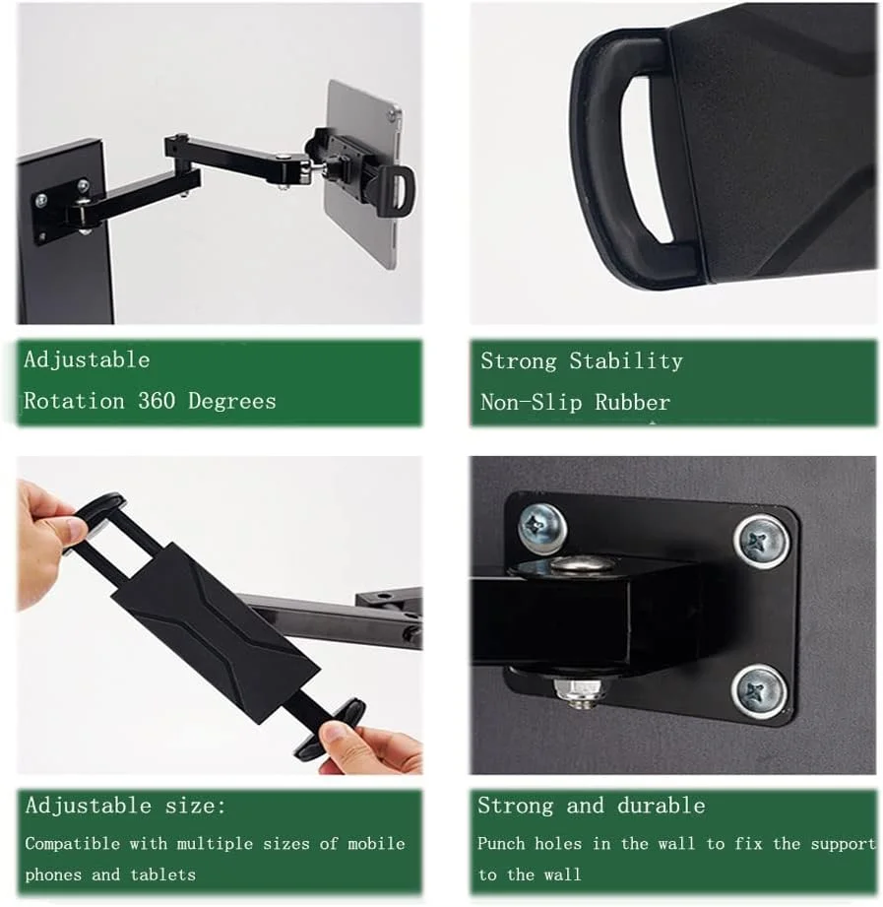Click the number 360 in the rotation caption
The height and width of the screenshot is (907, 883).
pyautogui.click(x=157, y=400)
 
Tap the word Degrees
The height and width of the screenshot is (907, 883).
pyautogui.click(x=232, y=402)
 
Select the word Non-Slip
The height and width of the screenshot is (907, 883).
pyautogui.click(x=531, y=402)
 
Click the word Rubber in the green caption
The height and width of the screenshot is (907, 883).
pyautogui.click(x=633, y=402)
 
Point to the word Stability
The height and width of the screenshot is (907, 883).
pyautogui.click(x=626, y=361)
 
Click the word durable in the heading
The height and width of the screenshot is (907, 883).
pyautogui.click(x=661, y=806)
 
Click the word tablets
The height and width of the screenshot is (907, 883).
pyautogui.click(x=163, y=875)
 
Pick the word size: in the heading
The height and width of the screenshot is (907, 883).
pyautogui.click(x=196, y=806)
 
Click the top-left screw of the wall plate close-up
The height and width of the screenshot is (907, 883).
pyautogui.click(x=541, y=528)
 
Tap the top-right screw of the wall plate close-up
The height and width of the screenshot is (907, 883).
pyautogui.click(x=761, y=542)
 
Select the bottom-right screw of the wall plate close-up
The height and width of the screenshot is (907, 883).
pyautogui.click(x=759, y=691)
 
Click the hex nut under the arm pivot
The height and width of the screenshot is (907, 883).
pyautogui.click(x=581, y=690)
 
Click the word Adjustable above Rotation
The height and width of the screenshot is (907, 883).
pyautogui.click(x=87, y=359)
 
